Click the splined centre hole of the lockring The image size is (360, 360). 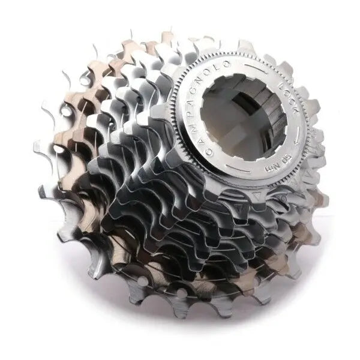(243, 117)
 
